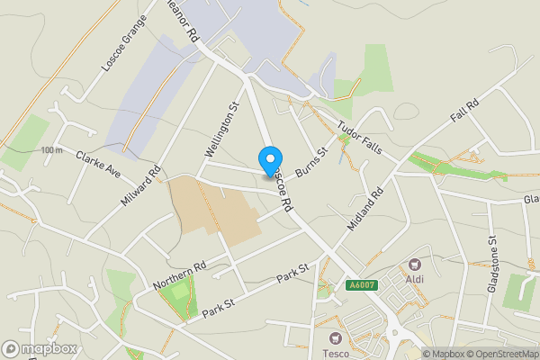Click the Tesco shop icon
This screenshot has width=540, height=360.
click(x=336, y=338)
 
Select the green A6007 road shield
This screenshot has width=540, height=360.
click(x=361, y=285)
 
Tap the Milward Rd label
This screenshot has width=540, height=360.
click(x=140, y=185)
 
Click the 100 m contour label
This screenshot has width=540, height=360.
click(x=51, y=149)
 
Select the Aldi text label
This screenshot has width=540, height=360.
click(x=415, y=279)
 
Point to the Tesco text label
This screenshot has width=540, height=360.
click(x=336, y=354)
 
